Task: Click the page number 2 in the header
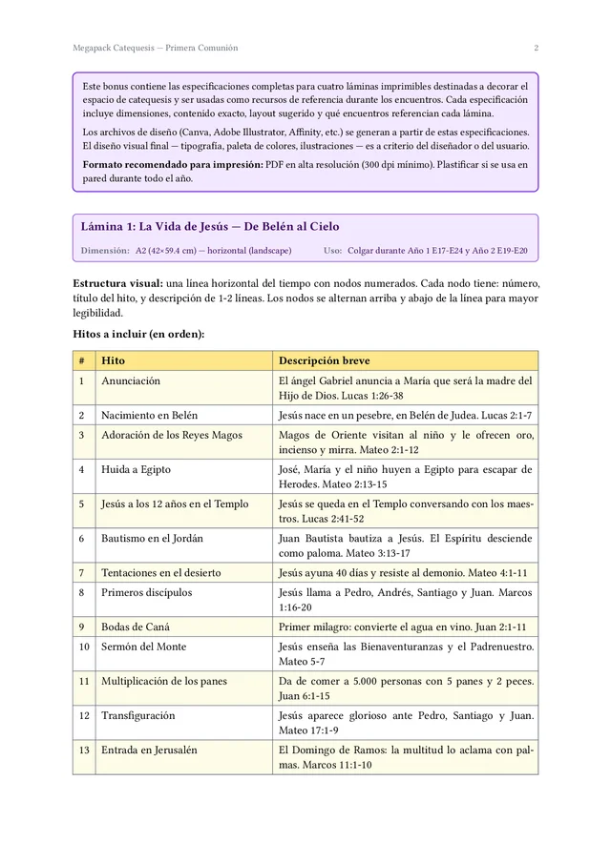pos(536,48)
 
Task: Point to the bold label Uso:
pos(332,251)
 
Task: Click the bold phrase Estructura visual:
pos(117,284)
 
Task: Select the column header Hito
pos(113,361)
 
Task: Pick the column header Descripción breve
pos(324,361)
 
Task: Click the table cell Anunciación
pos(131,381)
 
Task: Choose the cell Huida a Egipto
pos(136,469)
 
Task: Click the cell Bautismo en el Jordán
pos(152,538)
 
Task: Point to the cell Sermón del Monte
pos(144,647)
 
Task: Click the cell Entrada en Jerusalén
pos(149,750)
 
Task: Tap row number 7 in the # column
pos(82,573)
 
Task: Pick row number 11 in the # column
pos(83,681)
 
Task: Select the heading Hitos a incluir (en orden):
pos(139,335)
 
